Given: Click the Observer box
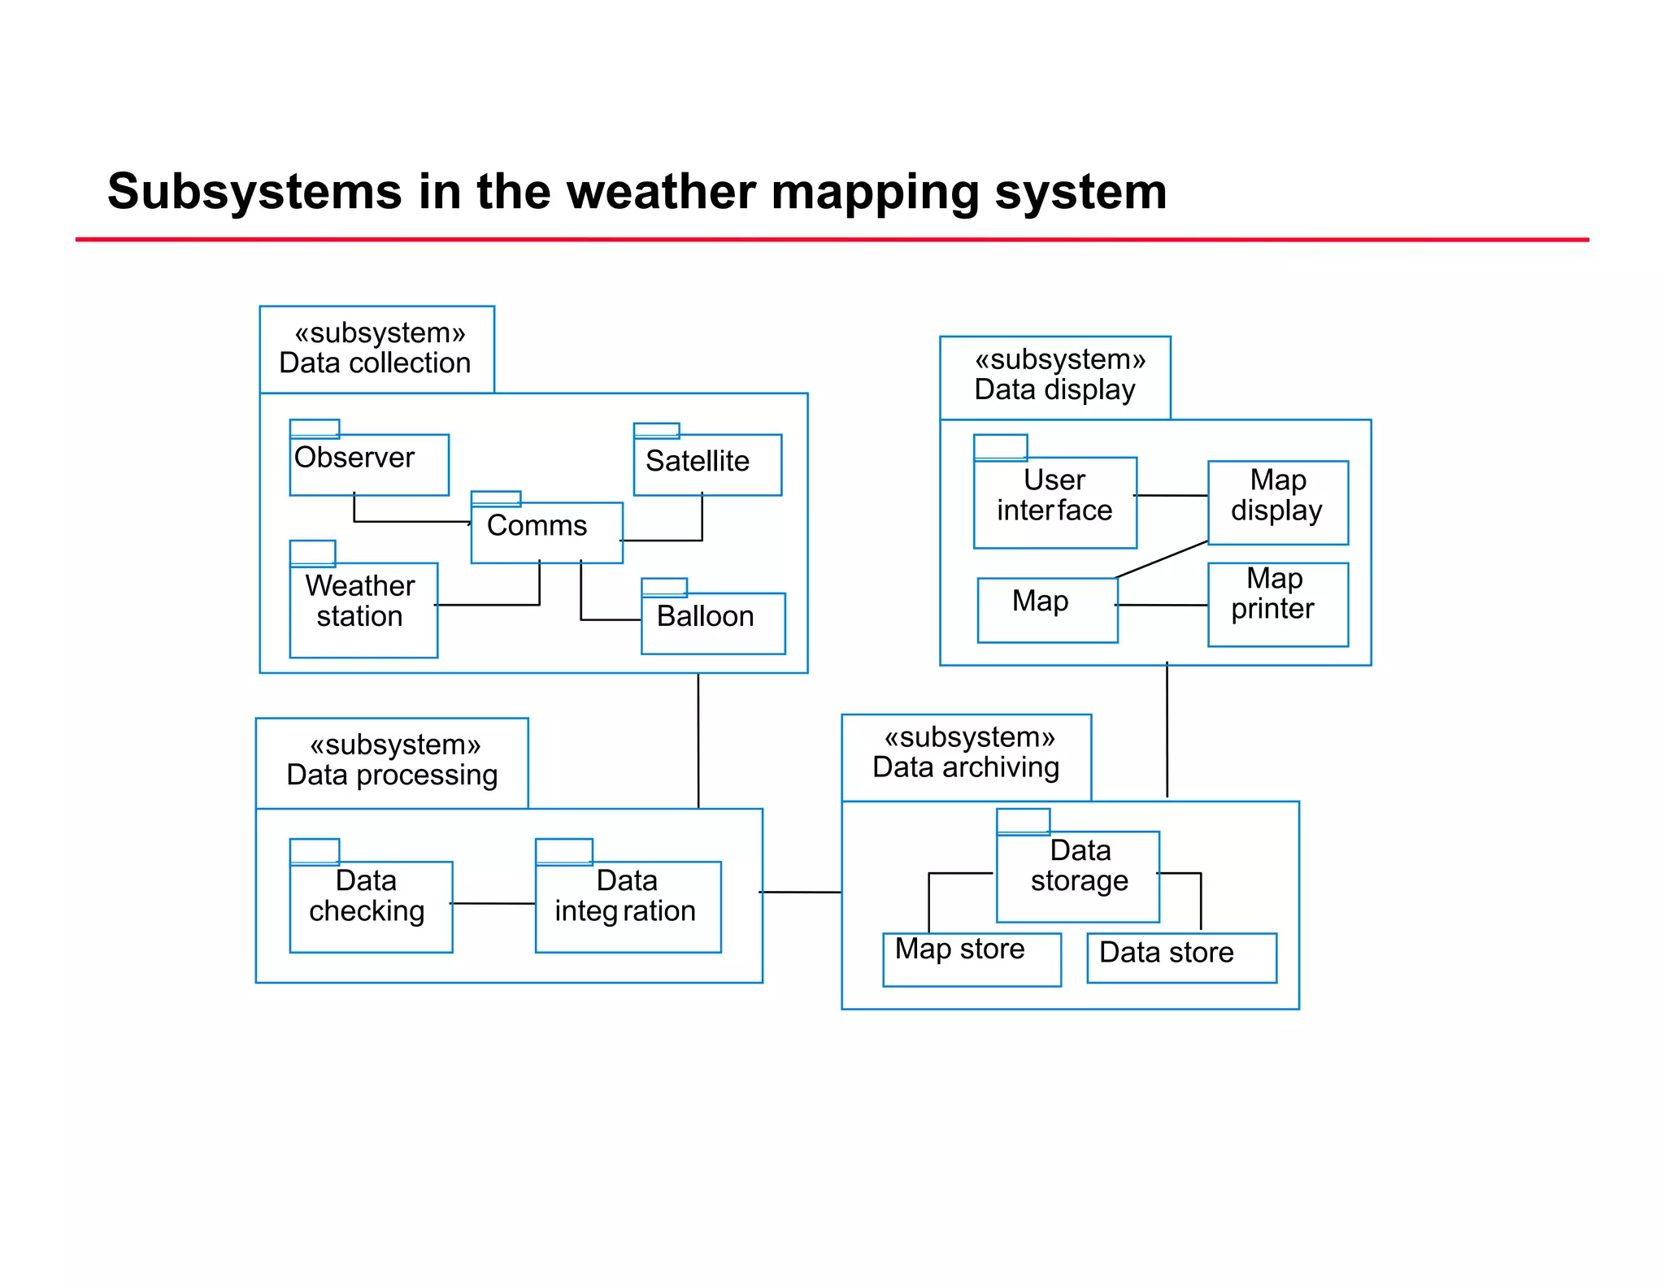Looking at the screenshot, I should tap(368, 464).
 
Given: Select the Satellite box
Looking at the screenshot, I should tap(706, 464).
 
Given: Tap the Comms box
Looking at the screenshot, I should tap(546, 532).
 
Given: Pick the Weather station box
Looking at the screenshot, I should tap(363, 609).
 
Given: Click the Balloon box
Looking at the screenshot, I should tap(712, 622).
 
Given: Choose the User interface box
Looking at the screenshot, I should tap(1054, 502).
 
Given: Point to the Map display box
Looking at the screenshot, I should tap(1277, 502).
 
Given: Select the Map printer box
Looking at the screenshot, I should tap(1277, 603).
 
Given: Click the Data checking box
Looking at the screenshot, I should tap(371, 906).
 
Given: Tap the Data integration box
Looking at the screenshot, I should tap(628, 906).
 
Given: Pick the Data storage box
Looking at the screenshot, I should tap(1077, 875).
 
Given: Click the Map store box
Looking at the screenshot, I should tap(971, 958).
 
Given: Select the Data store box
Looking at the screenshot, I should tap(1180, 957).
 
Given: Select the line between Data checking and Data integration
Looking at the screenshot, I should tap(493, 903).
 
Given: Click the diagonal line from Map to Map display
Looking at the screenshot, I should tap(1162, 559).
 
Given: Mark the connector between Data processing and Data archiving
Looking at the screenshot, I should tap(801, 892).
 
